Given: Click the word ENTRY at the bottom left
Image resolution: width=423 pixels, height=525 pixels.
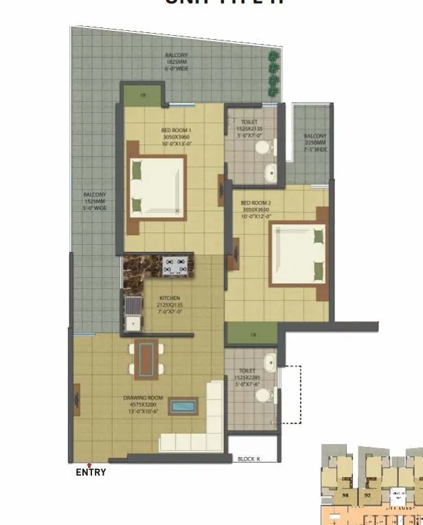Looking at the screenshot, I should [x=91, y=472].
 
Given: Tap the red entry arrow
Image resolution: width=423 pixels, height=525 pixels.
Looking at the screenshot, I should [x=89, y=465].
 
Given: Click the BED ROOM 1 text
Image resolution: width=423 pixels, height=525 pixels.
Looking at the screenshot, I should [x=176, y=131].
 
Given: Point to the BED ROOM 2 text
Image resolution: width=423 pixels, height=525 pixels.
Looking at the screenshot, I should [x=256, y=203].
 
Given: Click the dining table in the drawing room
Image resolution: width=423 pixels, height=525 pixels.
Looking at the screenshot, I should [x=146, y=359].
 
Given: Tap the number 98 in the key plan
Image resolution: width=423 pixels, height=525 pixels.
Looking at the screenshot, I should [x=346, y=494].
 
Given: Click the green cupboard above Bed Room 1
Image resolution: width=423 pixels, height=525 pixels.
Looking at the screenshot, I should [x=143, y=93].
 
